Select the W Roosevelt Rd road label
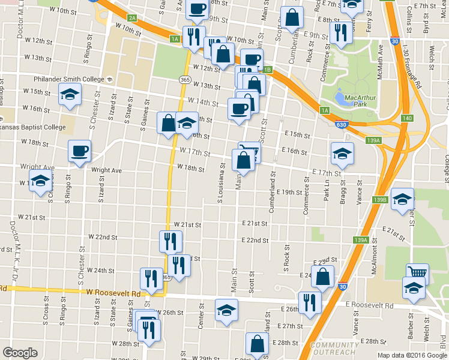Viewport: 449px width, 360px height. click(113, 293)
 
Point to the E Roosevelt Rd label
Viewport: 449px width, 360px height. click(369, 305)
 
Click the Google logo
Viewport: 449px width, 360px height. click(20, 353)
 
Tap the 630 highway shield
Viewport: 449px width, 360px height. click(341, 125)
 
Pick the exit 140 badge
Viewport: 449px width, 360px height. click(407, 118)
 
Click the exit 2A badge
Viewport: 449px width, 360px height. click(133, 18)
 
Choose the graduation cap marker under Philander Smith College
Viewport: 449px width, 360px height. click(70, 95)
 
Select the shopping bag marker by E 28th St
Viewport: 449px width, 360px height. click(258, 344)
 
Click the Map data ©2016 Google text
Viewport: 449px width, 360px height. click(412, 355)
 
